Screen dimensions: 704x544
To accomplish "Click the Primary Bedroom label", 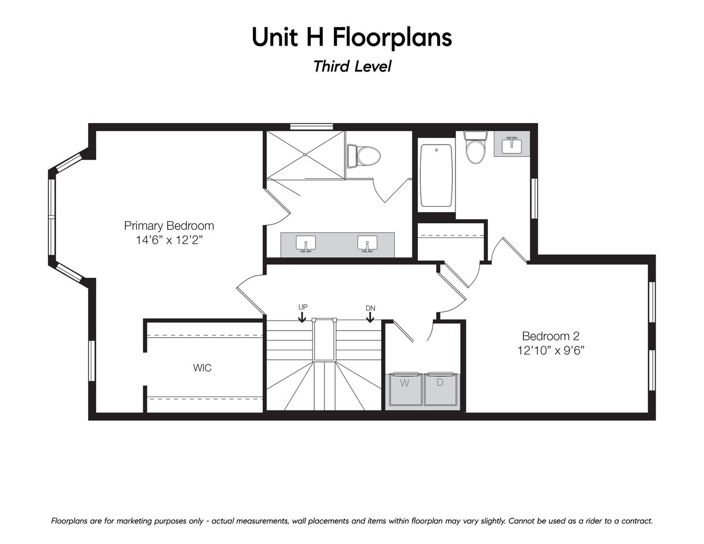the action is pos(169,226).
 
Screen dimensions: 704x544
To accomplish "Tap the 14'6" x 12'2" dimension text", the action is pos(169,240).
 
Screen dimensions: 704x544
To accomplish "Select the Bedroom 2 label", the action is pos(551,336).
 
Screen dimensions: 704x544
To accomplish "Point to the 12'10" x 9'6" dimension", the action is pos(551,350).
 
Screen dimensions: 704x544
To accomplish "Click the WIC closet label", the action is pos(202,368).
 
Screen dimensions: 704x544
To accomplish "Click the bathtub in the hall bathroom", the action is pos(436,175).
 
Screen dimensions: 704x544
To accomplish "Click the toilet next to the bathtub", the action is pos(476,147).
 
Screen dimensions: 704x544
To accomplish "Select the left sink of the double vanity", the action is pos(305,244).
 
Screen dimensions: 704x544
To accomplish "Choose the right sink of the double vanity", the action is pos(367,244).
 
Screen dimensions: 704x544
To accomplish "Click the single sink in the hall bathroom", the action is pos(512,145).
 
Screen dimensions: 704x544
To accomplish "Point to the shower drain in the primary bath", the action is pos(305,155).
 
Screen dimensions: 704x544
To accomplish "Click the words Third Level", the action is pos(352,67).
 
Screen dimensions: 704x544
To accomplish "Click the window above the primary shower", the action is pos(310,127).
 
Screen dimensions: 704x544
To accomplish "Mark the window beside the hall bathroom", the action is pos(535,198).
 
